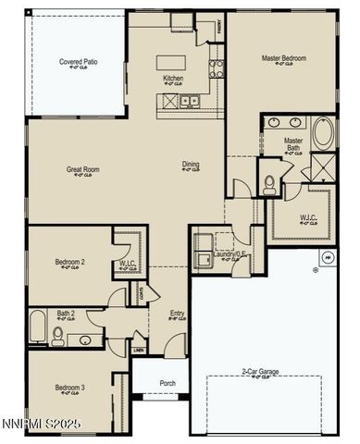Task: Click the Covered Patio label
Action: (x=79, y=62)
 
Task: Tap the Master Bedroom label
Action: (x=283, y=58)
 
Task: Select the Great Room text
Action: (x=82, y=169)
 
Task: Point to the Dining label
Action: (x=190, y=165)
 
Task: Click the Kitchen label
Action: (x=173, y=78)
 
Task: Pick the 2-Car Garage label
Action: (x=262, y=372)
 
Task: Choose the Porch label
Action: (x=168, y=382)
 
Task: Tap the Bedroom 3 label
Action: (x=69, y=387)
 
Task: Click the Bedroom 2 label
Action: (x=69, y=262)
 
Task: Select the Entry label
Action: (x=177, y=314)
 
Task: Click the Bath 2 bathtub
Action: (x=37, y=327)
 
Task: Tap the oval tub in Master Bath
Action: (x=323, y=133)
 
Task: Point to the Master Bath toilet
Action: (x=270, y=183)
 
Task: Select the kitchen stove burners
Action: (x=216, y=67)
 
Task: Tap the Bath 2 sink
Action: (x=85, y=339)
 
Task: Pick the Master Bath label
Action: (x=292, y=143)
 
